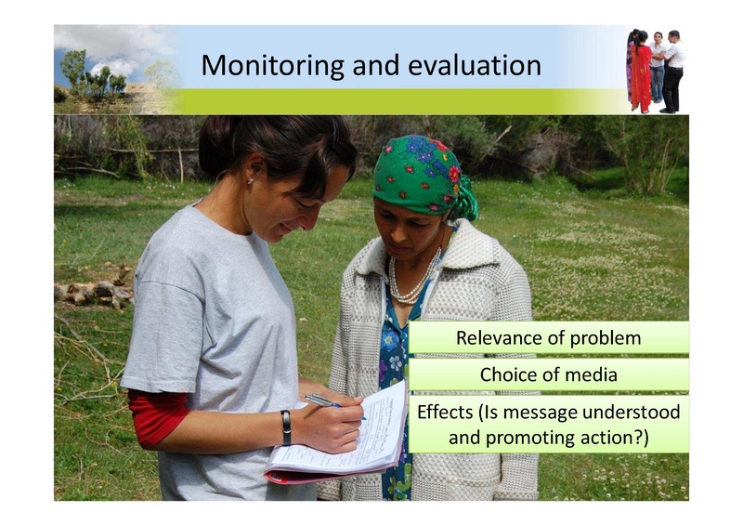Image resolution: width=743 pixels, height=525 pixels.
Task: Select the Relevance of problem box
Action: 548,338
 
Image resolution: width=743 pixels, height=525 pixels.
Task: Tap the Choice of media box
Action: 548,374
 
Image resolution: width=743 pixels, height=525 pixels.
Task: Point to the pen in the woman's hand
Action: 326,401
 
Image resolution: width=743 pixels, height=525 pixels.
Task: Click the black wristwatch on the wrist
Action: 286,427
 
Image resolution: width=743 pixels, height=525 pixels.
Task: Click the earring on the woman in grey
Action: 250,182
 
